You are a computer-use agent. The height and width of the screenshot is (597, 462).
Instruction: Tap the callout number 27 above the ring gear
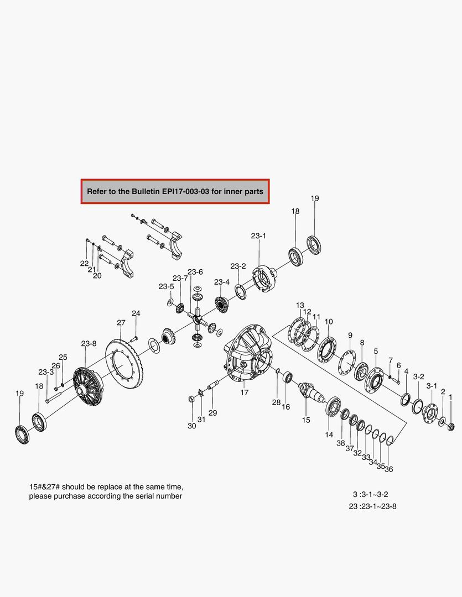(x=121, y=322)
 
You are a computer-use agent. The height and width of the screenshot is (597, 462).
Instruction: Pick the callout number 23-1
(x=258, y=235)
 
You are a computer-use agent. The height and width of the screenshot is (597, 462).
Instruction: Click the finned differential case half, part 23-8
(x=86, y=382)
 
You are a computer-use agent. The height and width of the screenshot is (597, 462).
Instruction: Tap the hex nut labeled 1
(x=450, y=426)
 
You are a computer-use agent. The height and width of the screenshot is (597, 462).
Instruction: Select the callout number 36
(x=389, y=469)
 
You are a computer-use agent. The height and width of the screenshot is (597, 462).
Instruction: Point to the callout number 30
(x=191, y=426)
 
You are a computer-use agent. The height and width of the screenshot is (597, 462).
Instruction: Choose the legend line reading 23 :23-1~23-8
(x=372, y=506)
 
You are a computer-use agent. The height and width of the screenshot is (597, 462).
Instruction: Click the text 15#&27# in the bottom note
(x=48, y=487)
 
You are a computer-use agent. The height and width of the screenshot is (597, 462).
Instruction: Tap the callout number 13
(x=300, y=305)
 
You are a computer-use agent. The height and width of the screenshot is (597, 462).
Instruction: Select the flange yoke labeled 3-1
(x=430, y=413)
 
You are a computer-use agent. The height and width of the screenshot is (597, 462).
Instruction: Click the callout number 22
(x=84, y=263)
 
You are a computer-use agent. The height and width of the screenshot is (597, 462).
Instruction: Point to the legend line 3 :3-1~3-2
(x=375, y=494)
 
